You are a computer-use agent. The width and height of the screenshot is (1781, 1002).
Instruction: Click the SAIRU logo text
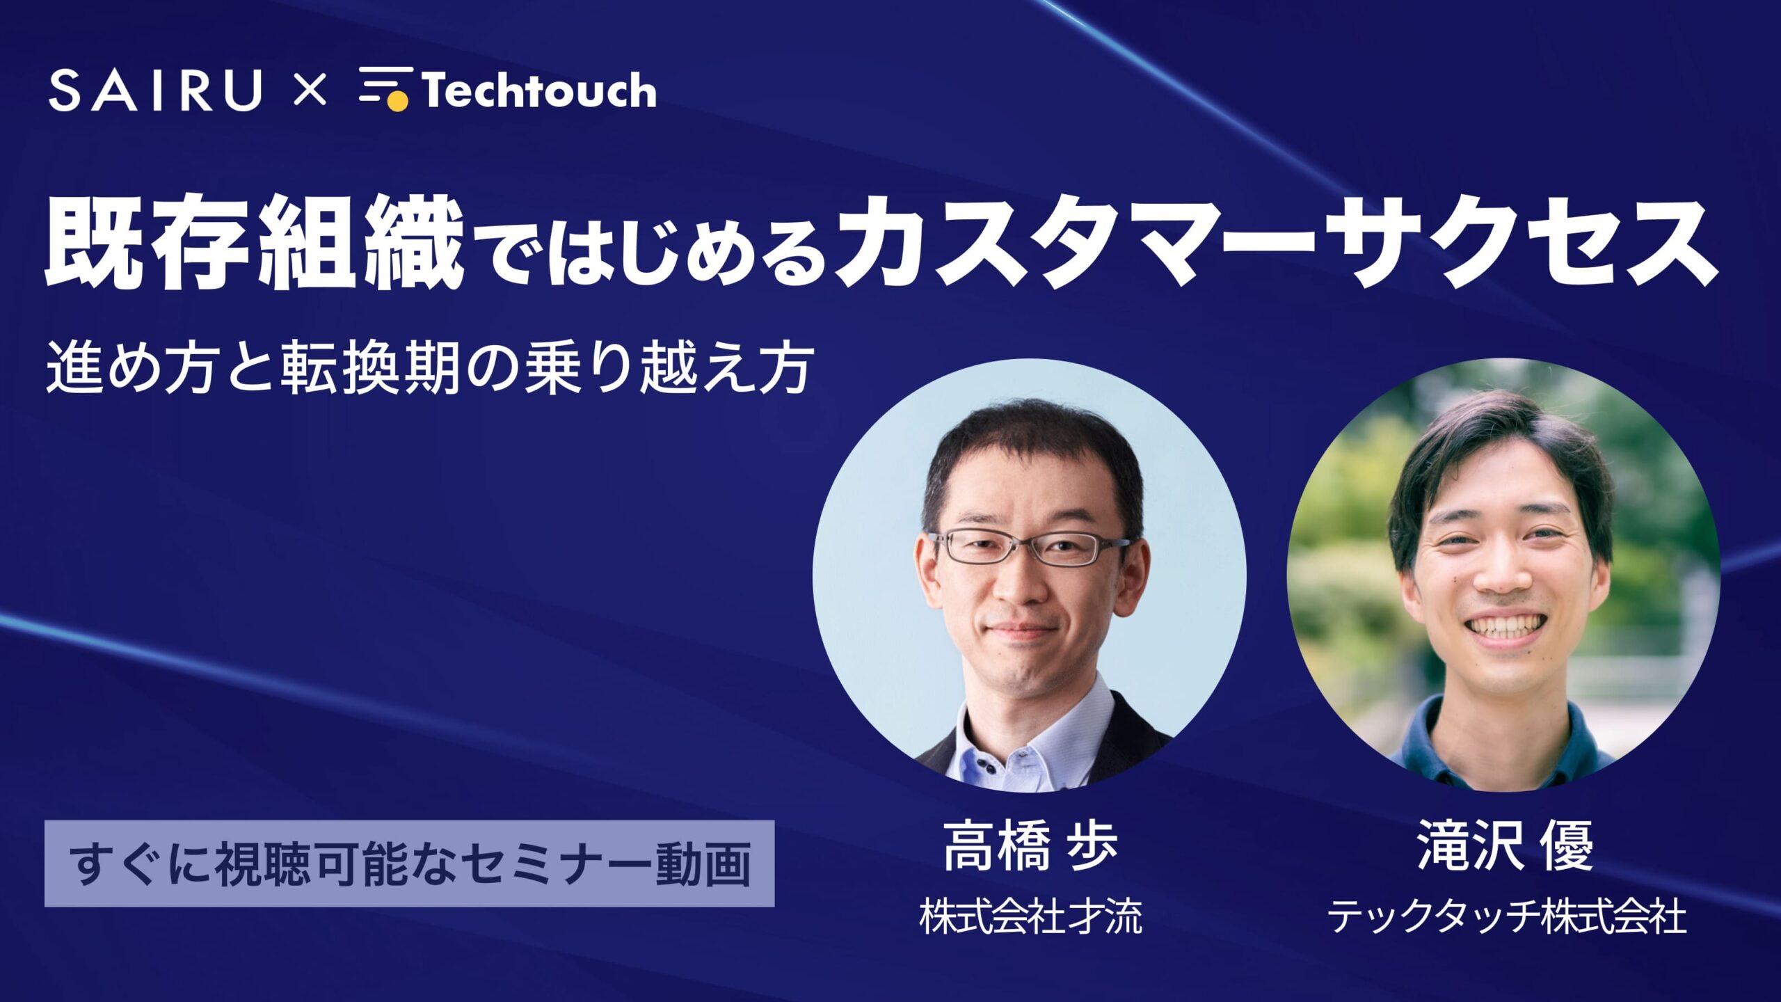coord(155,90)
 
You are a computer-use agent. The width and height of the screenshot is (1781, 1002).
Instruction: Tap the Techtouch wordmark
coord(539,90)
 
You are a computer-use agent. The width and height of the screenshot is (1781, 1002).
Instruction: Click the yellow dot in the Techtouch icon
coord(397,102)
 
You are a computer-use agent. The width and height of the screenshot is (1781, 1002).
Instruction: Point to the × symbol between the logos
coord(310,91)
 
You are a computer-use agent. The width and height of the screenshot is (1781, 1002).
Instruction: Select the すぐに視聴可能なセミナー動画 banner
coord(409,864)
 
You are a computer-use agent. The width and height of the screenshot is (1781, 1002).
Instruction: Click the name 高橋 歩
coord(1030,847)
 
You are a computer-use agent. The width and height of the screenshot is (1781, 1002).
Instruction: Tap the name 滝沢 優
coord(1505,847)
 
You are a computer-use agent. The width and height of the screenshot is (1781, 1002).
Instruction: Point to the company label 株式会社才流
coord(1030,916)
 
